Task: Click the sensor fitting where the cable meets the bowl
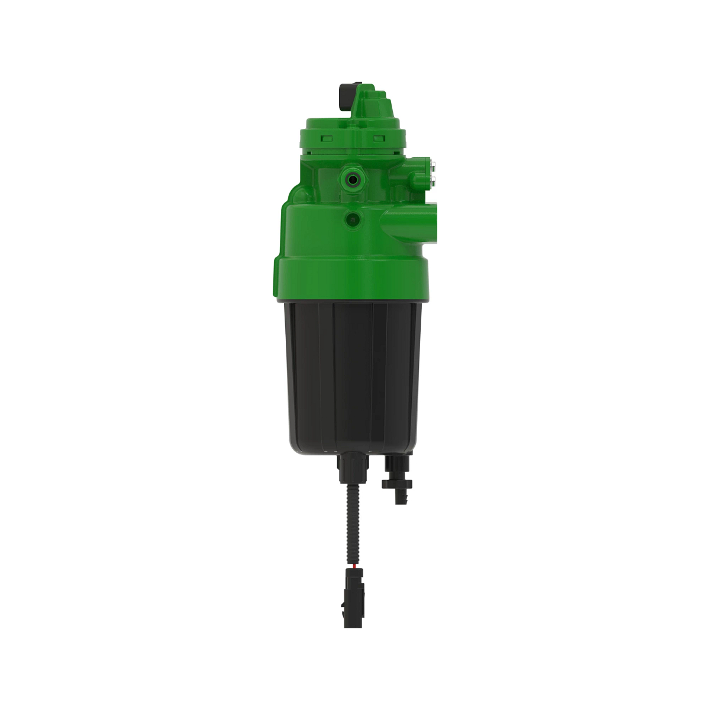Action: coord(349,467)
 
